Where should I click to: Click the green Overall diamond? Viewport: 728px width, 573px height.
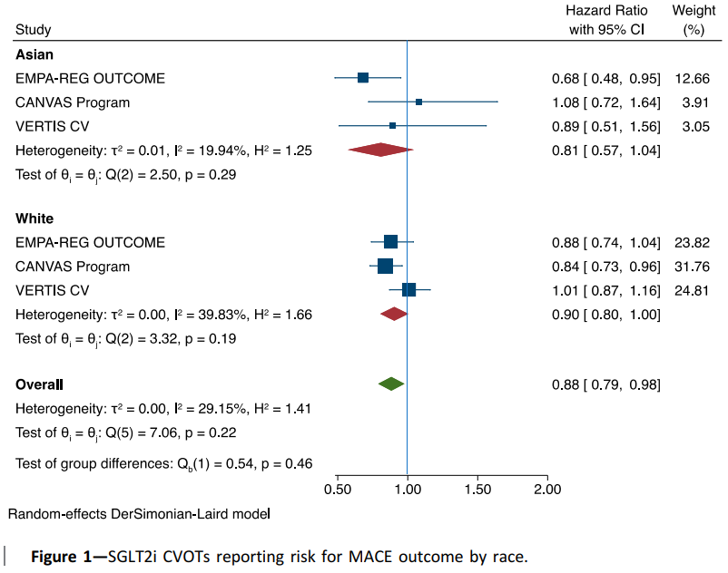(x=391, y=384)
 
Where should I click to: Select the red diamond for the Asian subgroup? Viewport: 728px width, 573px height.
(x=380, y=150)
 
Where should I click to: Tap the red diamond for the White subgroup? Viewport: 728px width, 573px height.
(x=394, y=314)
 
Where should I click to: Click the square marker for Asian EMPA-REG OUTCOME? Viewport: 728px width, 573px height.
(x=363, y=78)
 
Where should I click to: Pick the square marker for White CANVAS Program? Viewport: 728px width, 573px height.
(x=385, y=266)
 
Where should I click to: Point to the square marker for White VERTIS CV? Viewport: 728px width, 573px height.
(x=408, y=289)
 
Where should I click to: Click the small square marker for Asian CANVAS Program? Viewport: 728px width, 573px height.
(x=418, y=102)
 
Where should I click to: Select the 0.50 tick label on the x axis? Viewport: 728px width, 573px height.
(x=338, y=490)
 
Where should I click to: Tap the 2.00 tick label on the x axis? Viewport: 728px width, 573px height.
(x=547, y=490)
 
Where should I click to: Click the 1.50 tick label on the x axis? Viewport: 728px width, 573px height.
(x=477, y=490)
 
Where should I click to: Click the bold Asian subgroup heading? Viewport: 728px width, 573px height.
(x=34, y=54)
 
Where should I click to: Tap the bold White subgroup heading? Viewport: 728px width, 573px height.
(x=34, y=219)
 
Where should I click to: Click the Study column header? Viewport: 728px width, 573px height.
(x=34, y=30)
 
